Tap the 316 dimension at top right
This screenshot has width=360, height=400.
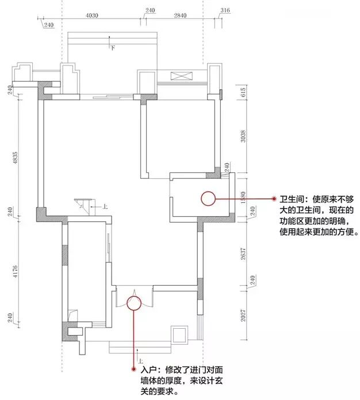coord(225,11)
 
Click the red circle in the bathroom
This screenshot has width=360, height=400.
coord(208,199)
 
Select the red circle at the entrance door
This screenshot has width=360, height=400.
coord(133,303)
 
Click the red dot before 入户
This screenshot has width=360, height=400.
coord(134,367)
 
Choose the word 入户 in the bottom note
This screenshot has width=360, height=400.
coord(146,367)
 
